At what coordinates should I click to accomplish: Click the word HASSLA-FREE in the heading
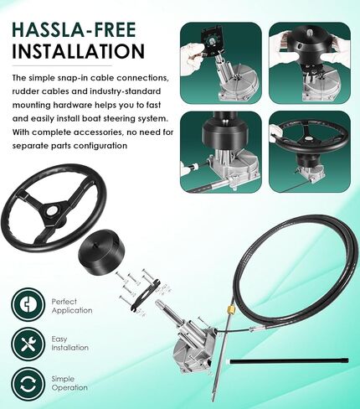pyautogui.click(x=74, y=29)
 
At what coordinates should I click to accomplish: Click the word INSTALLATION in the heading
pyautogui.click(x=79, y=51)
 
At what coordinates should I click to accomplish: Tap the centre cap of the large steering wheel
pyautogui.click(x=52, y=210)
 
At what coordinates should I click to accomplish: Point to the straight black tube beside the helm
pyautogui.click(x=289, y=361)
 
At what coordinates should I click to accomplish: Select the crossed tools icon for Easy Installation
pyautogui.click(x=28, y=344)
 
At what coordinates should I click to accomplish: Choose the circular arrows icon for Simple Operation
pyautogui.click(x=28, y=384)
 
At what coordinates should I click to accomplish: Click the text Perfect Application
pyautogui.click(x=72, y=306)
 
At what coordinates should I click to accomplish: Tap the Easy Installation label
pyautogui.click(x=69, y=344)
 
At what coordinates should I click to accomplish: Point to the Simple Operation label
pyautogui.click(x=69, y=383)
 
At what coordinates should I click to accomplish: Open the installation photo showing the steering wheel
pyautogui.click(x=310, y=152)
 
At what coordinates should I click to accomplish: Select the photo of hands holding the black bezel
pyautogui.click(x=310, y=63)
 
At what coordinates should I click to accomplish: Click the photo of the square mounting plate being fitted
pyautogui.click(x=221, y=63)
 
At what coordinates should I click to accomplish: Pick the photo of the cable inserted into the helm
pyautogui.click(x=221, y=152)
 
